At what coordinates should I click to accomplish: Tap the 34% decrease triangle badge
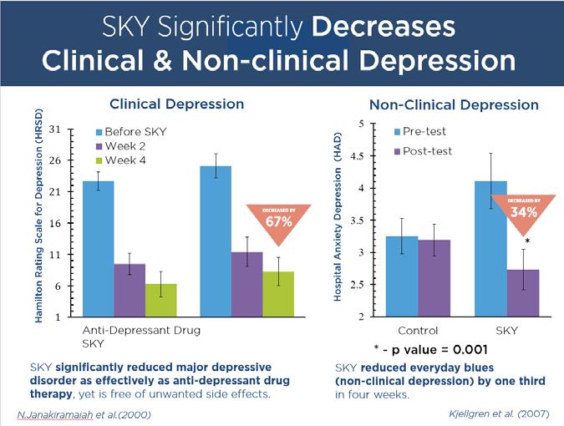click(522, 210)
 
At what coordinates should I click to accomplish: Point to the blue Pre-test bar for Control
click(401, 276)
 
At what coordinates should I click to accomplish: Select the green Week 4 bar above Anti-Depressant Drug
click(160, 301)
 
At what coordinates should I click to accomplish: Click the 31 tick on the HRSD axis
click(55, 129)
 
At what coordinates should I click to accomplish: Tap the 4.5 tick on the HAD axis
click(357, 156)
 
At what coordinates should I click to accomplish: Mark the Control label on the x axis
click(418, 331)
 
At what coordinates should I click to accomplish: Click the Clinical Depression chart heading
click(177, 104)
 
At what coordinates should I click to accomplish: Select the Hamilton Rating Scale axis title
click(39, 221)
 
